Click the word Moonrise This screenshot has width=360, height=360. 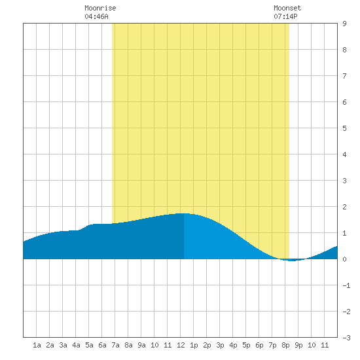100,8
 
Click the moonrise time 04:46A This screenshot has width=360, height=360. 96,16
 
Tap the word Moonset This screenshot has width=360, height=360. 287,8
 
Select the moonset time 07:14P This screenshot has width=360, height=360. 285,16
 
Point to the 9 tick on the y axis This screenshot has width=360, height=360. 344,24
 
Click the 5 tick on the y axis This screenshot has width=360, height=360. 344,128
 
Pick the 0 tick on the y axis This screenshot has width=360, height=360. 344,259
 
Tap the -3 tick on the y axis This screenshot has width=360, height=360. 347,338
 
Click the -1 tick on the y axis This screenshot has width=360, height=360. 347,285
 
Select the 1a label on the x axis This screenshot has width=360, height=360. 37,345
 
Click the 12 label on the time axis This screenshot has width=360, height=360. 181,345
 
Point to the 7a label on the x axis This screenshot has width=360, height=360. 115,345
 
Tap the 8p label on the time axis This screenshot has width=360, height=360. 285,345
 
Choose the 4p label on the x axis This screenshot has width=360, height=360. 233,345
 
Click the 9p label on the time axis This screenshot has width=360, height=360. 298,345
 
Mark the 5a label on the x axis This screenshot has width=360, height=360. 89,345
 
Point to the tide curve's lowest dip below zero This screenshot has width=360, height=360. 292,261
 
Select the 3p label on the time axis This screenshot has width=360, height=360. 220,345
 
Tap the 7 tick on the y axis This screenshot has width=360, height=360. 344,76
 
